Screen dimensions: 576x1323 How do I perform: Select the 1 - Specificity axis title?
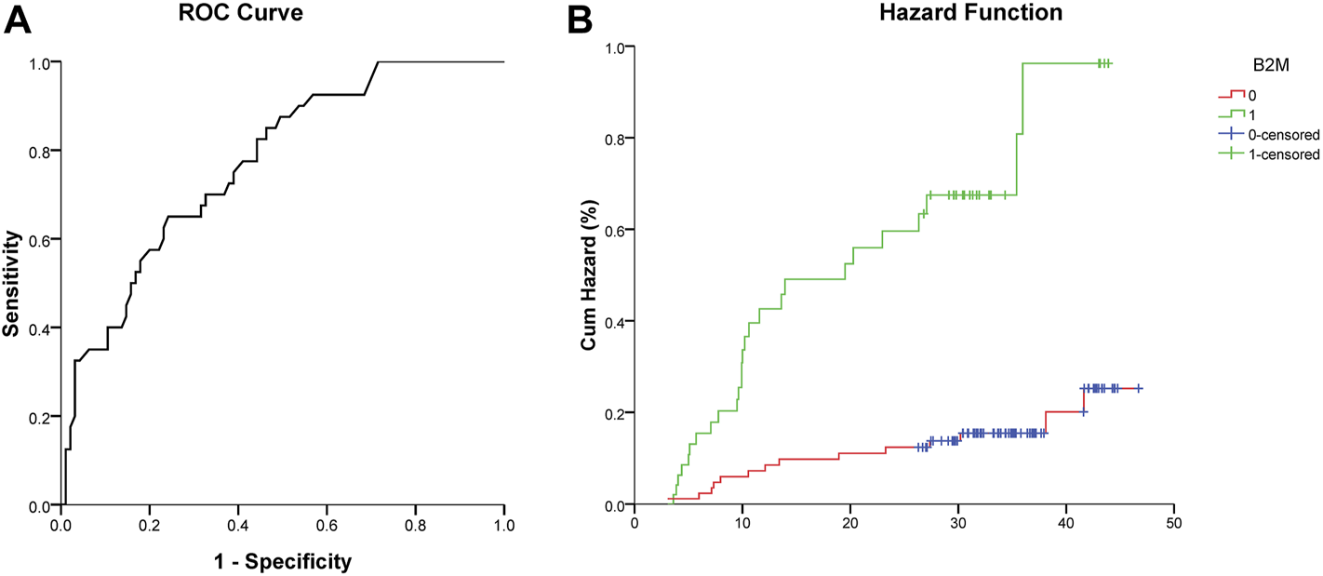click(282, 562)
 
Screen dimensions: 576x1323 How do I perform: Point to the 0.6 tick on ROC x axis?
click(327, 523)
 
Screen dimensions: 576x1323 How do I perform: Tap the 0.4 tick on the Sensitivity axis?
click(42, 328)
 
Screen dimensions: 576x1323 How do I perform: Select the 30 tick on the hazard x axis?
click(957, 522)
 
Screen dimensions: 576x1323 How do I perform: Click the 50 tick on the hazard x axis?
click(1173, 522)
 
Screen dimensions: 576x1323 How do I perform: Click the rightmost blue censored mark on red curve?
click(1138, 388)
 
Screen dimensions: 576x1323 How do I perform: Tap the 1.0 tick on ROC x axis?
click(503, 523)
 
